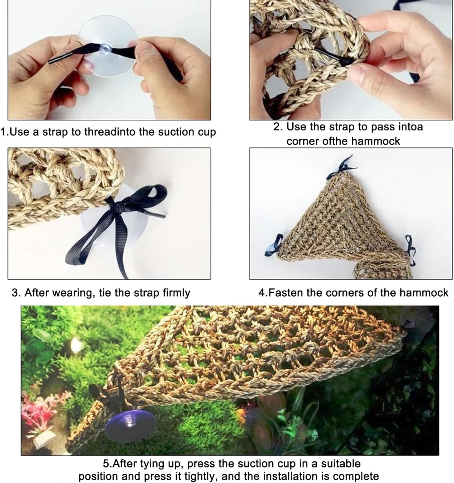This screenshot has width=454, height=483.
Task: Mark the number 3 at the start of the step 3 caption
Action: coord(14,293)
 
